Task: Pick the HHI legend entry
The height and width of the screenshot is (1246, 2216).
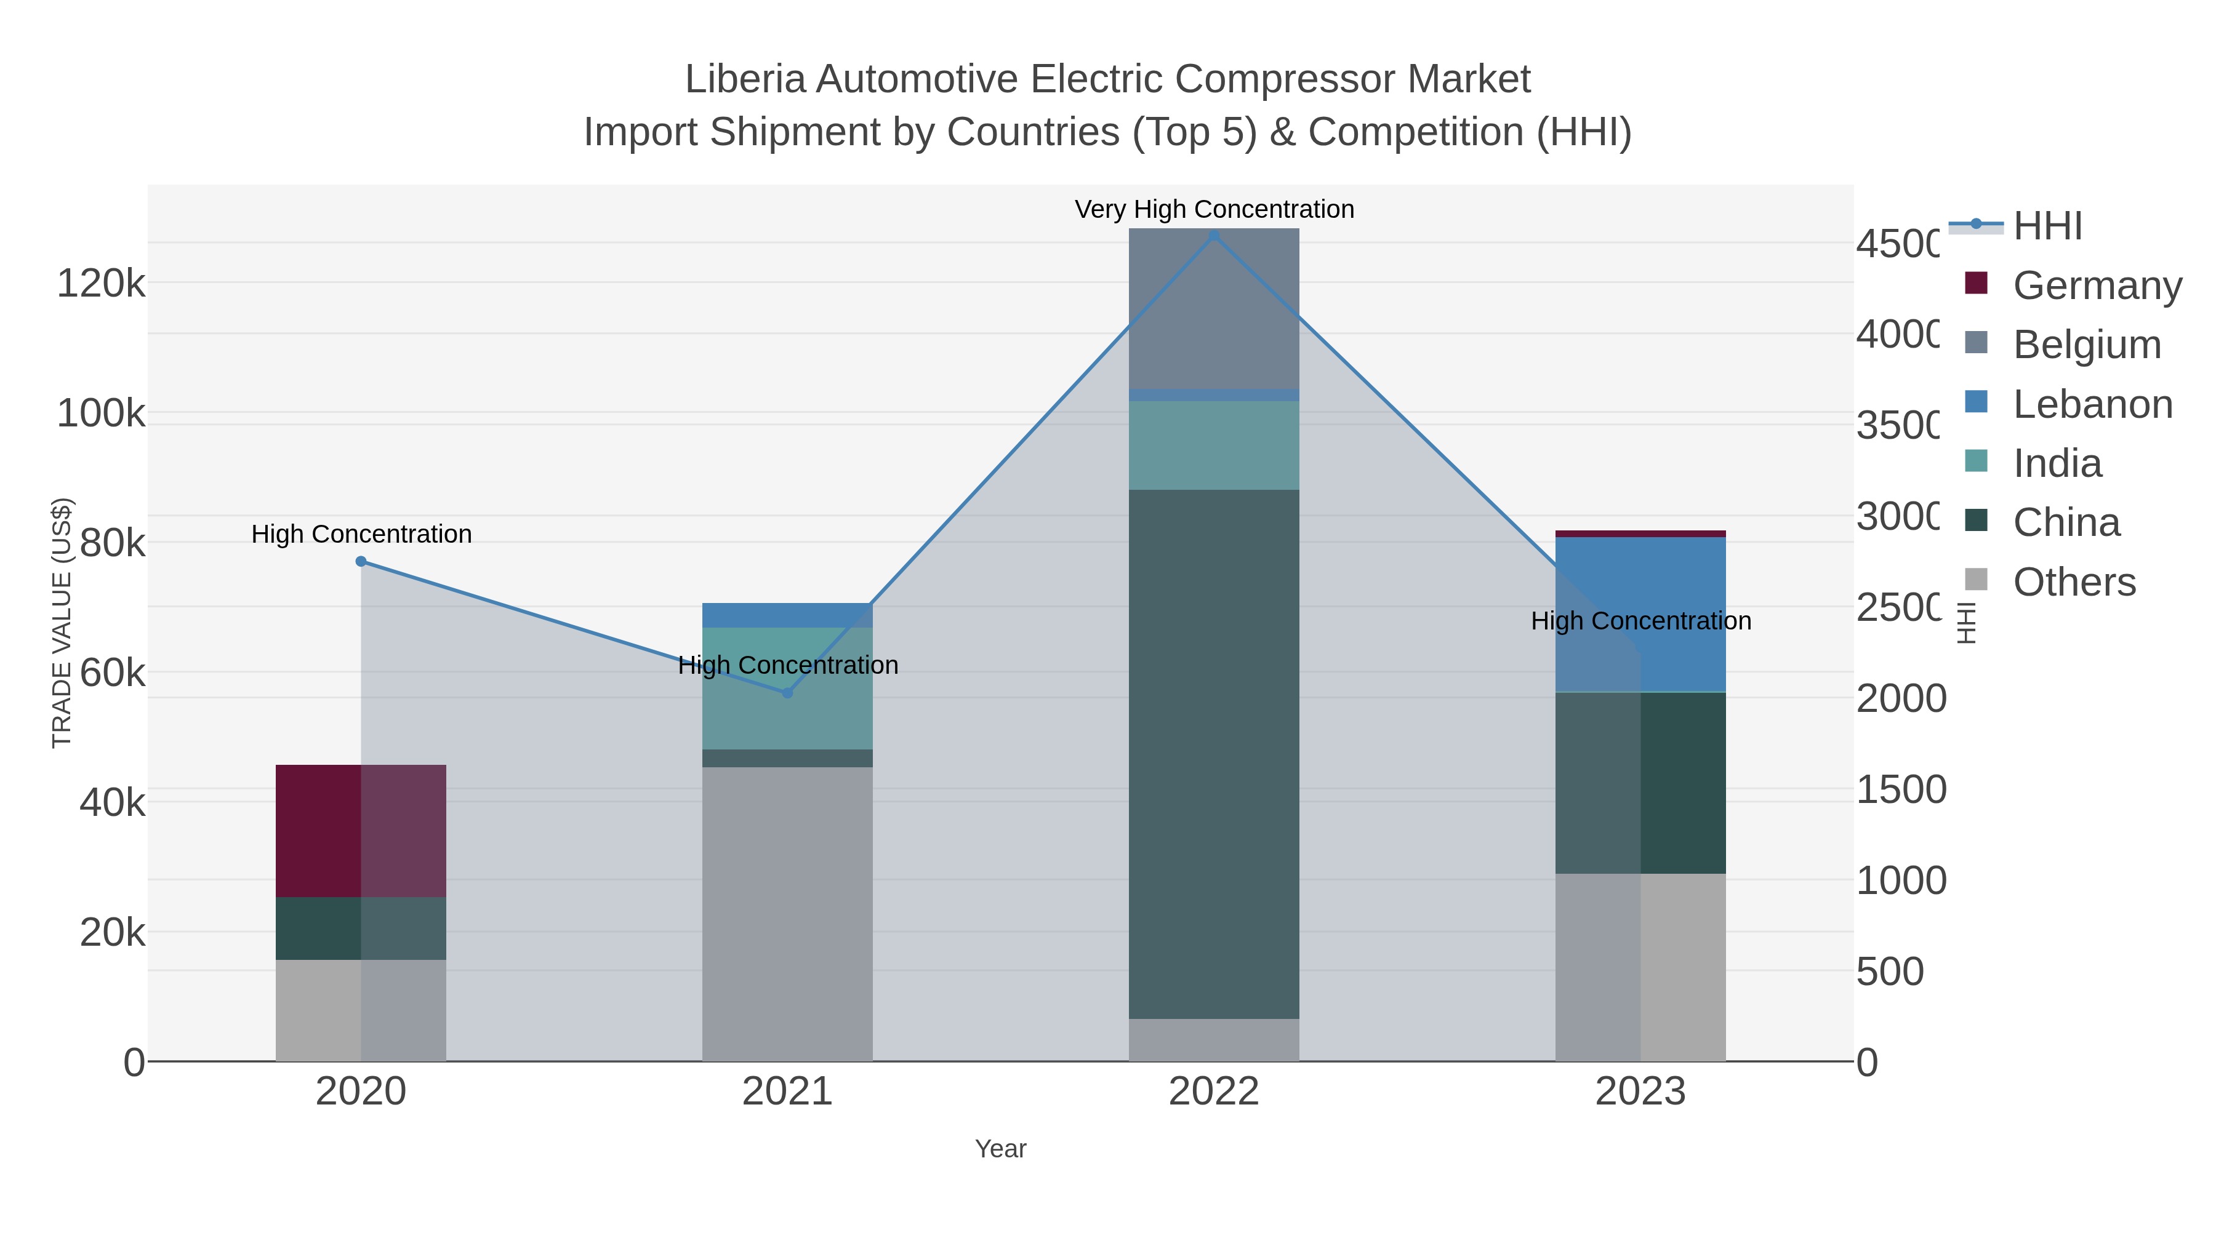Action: (2047, 226)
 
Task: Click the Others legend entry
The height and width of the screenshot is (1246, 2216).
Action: (2073, 582)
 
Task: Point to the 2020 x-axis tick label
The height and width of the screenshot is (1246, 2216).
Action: (361, 1092)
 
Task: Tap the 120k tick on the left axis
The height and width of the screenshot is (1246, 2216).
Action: (101, 284)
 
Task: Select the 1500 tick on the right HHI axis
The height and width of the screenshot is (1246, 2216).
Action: (1900, 790)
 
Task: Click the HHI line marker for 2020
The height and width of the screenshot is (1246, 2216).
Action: (361, 562)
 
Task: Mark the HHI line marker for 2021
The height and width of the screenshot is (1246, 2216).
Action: (787, 692)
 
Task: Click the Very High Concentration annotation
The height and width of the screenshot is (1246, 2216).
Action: (1214, 210)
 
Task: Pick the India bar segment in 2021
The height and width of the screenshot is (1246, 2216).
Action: (787, 688)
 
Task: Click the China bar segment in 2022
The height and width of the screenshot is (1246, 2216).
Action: (1214, 754)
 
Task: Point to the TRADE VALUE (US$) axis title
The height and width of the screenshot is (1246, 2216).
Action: (62, 623)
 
